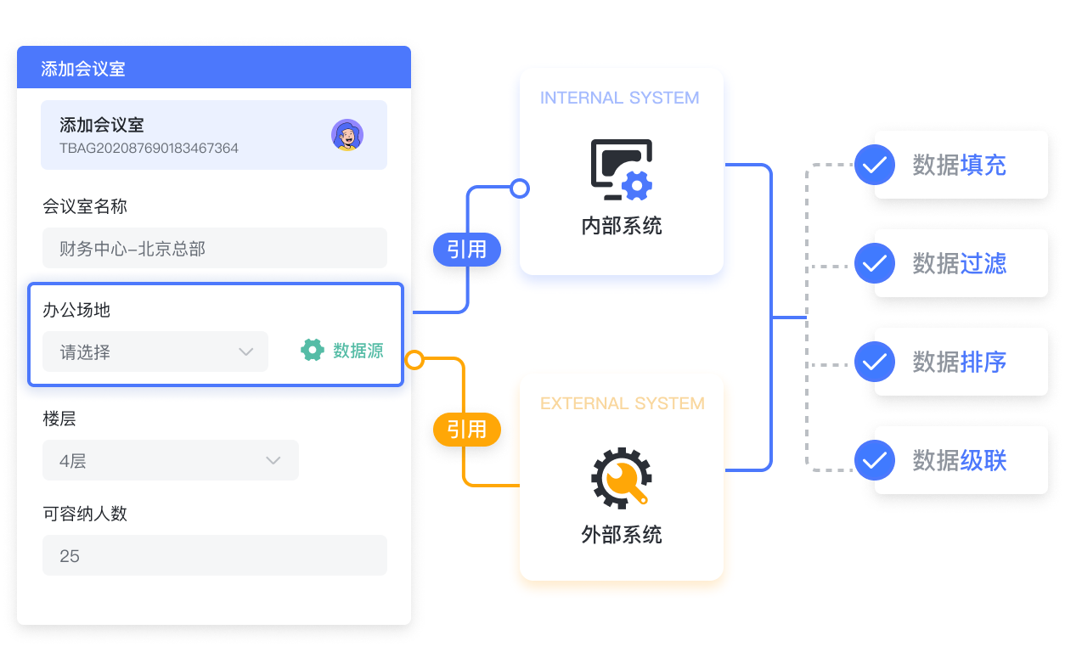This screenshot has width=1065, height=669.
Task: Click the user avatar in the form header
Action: tap(347, 135)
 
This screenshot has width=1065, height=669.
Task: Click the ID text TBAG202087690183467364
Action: tap(149, 149)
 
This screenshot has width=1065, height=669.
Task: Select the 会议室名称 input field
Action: tap(214, 248)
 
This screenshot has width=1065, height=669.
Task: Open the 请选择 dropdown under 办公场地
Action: tap(155, 351)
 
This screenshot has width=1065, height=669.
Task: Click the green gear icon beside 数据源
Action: tap(313, 350)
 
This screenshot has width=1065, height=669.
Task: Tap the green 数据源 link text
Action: tap(358, 351)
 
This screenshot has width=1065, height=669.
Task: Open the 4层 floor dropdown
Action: tap(170, 460)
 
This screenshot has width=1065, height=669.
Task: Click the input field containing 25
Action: tap(214, 555)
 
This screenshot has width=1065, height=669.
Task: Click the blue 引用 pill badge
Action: tap(467, 250)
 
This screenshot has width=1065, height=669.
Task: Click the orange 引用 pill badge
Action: tap(467, 430)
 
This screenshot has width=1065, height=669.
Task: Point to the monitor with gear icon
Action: tap(622, 170)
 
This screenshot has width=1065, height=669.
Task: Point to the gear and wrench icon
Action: tap(622, 478)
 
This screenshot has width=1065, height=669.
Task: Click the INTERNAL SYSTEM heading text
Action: tap(619, 98)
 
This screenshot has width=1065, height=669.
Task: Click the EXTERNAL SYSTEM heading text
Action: tap(623, 403)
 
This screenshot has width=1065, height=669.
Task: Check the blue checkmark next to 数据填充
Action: tap(875, 165)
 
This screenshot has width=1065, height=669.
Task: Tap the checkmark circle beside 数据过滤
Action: tap(875, 263)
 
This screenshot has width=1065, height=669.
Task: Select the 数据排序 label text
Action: tap(960, 362)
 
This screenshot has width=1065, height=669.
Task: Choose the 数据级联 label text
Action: tap(960, 460)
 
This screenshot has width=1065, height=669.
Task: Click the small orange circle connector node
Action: tap(414, 360)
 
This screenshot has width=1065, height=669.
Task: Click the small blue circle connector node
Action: tap(520, 188)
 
